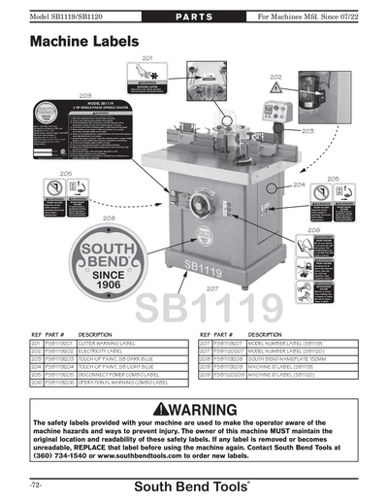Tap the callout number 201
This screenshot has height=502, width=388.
[146, 59]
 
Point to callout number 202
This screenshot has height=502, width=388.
[276, 76]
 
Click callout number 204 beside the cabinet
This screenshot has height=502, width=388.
[298, 184]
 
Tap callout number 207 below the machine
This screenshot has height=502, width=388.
[210, 288]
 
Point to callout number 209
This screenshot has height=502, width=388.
[84, 95]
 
